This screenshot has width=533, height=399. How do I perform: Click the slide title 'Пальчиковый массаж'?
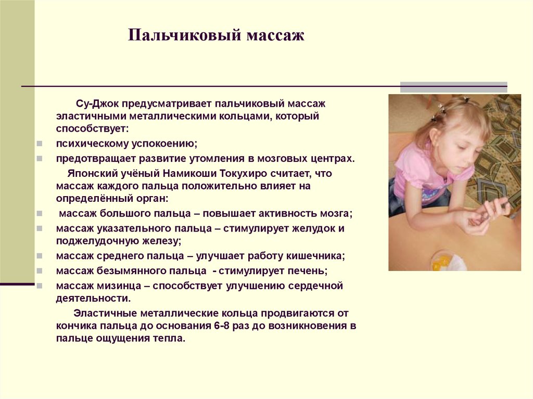(216, 36)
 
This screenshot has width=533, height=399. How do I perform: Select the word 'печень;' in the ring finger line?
(309, 271)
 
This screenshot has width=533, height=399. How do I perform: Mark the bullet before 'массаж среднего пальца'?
(40, 256)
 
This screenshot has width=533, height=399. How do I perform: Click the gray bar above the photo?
(453, 86)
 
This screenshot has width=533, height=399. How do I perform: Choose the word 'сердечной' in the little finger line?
(318, 286)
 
